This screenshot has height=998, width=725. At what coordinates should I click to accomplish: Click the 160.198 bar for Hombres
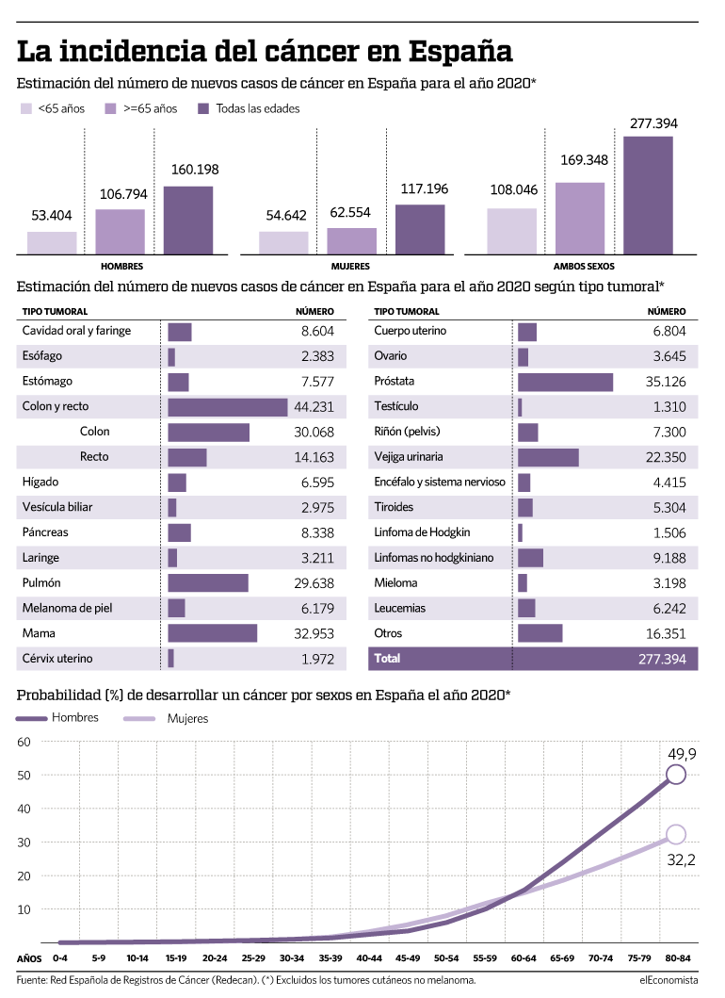click(x=188, y=221)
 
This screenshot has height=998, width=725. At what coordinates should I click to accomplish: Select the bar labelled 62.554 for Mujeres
click(x=352, y=241)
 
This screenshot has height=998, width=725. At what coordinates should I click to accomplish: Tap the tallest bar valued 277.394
click(x=648, y=195)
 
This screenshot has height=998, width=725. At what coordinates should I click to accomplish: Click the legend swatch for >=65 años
click(x=111, y=108)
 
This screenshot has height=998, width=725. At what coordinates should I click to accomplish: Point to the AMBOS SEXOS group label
click(x=584, y=266)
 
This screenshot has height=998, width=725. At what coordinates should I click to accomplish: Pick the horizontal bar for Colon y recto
click(x=228, y=407)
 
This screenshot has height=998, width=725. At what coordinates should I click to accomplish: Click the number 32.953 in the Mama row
click(x=314, y=634)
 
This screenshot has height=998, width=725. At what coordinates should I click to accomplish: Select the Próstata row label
click(x=395, y=381)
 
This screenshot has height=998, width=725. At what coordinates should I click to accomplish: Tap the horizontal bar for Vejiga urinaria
click(x=548, y=457)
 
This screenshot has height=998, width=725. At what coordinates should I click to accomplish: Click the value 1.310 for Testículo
click(x=669, y=407)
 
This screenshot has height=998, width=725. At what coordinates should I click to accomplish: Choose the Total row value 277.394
click(x=662, y=659)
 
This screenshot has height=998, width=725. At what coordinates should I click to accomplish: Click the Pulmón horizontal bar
click(x=208, y=583)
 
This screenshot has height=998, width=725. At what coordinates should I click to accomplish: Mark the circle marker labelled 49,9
click(x=675, y=775)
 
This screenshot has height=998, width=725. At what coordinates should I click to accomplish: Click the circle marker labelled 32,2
click(x=675, y=834)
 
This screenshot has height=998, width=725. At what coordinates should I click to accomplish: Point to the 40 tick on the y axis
click(x=24, y=809)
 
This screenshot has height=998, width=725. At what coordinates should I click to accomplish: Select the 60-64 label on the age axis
click(x=524, y=957)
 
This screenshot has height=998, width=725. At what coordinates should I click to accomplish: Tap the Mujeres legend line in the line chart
click(x=139, y=719)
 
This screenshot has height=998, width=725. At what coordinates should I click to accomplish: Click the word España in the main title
click(x=460, y=52)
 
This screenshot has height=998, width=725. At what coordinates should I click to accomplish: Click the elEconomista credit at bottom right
click(x=669, y=980)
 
